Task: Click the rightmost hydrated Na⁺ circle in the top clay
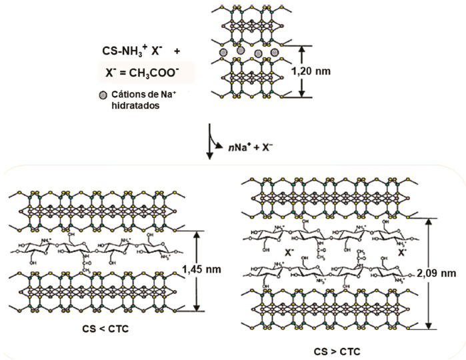coord(273,53)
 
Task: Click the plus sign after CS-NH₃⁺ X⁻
coord(174,50)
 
